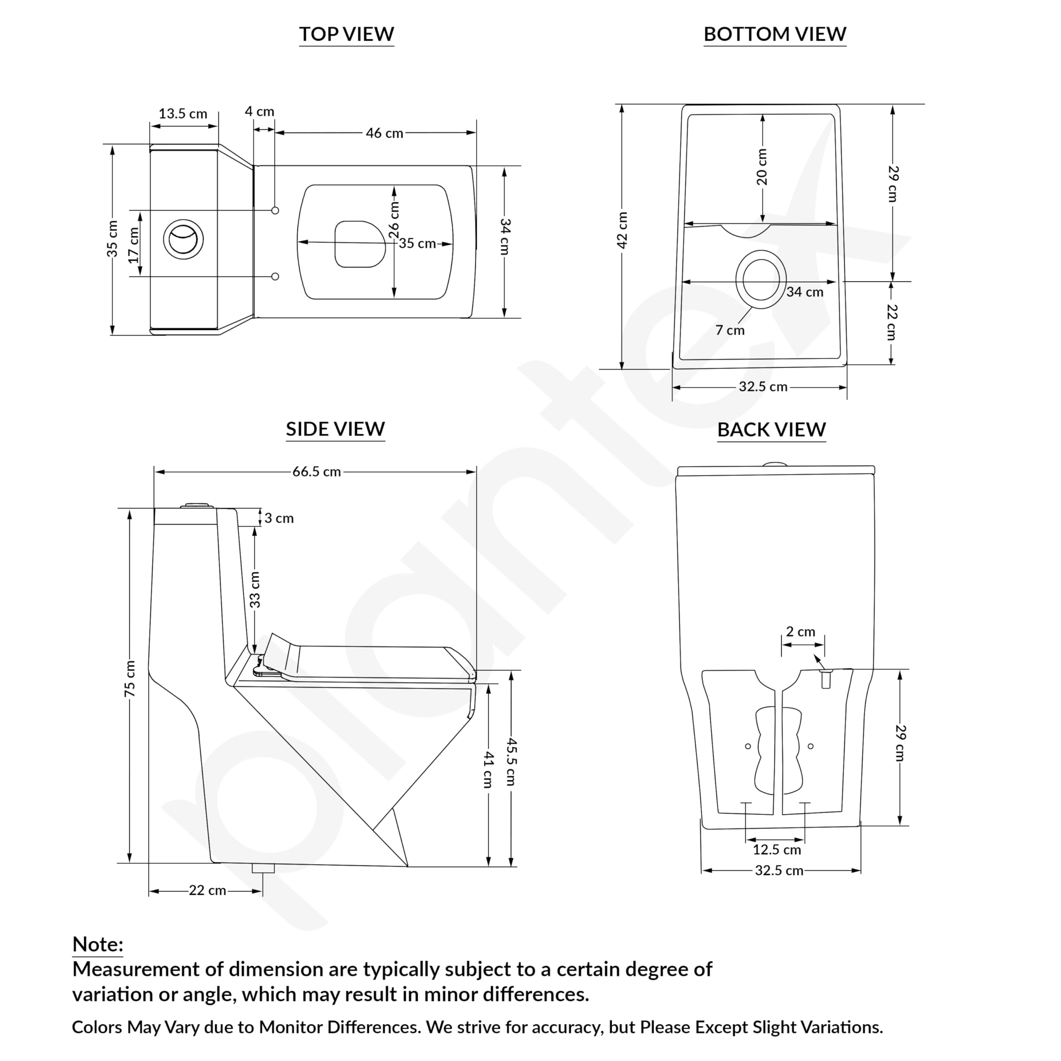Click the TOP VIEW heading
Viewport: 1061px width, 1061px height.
[346, 34]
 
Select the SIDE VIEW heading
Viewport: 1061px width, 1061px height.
[335, 429]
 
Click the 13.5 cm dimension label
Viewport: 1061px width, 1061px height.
[183, 114]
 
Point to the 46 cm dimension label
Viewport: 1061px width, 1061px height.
[385, 133]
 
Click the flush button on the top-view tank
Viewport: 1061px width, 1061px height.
[183, 240]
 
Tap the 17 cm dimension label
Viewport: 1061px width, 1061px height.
[133, 245]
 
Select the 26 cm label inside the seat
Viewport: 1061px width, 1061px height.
[394, 220]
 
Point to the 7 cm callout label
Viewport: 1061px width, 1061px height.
[730, 330]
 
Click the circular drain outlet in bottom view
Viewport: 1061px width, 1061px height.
[761, 279]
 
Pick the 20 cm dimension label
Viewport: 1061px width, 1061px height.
[762, 167]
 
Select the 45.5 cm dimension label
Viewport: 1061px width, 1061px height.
[511, 762]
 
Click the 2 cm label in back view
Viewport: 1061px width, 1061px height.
[800, 632]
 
